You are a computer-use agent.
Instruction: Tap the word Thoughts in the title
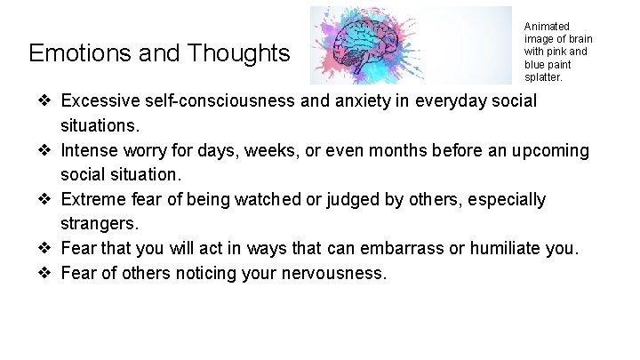pos(239,53)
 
